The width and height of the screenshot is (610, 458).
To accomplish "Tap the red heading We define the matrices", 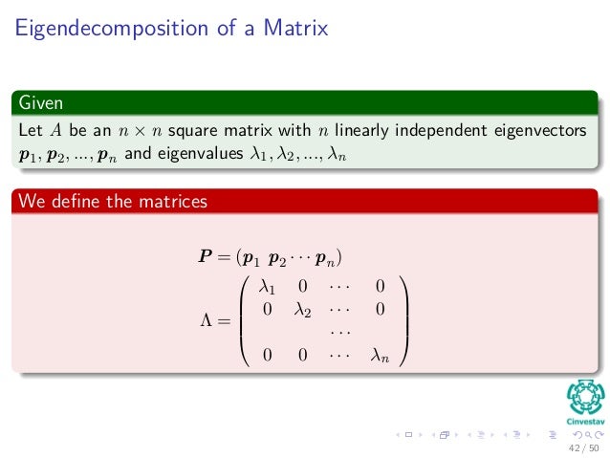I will coord(111,202).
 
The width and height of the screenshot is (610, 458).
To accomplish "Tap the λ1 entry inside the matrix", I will coord(268,286).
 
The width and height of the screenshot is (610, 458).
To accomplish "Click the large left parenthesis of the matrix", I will coord(247,320).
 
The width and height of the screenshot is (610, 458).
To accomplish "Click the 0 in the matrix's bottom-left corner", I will coord(268,355).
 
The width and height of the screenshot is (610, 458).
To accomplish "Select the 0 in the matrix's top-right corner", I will coord(380,286).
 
